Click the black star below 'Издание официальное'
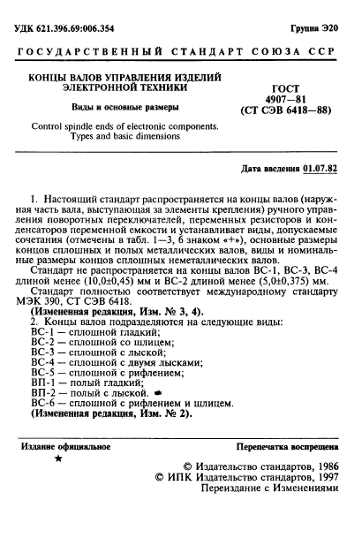58,486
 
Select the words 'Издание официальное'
66,472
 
